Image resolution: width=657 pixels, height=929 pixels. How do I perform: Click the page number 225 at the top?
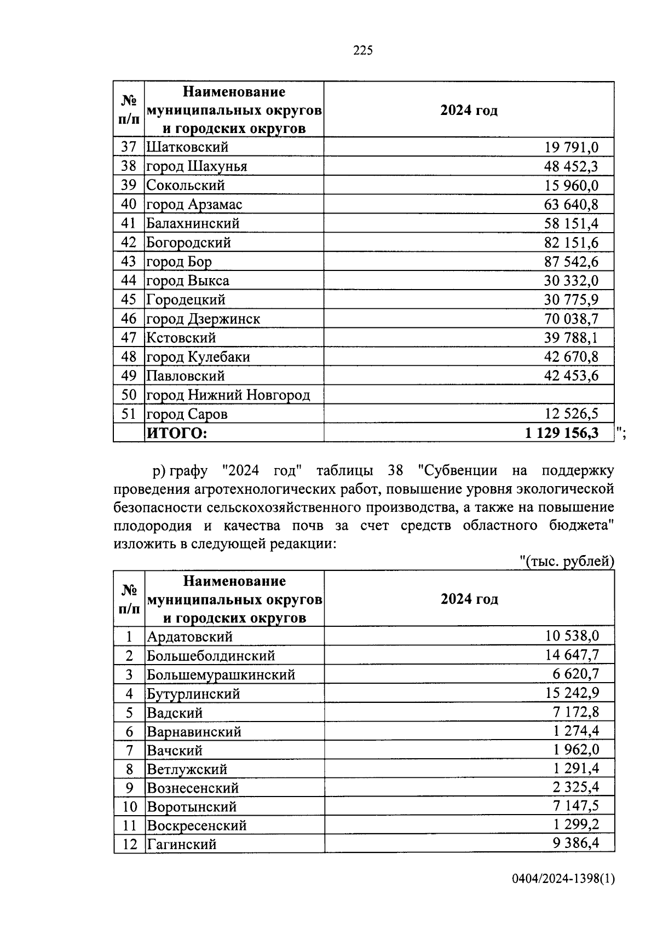click(x=363, y=51)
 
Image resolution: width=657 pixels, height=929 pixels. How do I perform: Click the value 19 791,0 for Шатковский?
click(x=571, y=147)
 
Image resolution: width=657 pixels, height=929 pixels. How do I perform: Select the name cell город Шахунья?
click(x=197, y=166)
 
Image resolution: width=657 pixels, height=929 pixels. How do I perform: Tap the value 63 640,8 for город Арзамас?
click(x=571, y=205)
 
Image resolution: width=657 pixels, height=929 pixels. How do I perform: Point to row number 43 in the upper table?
click(x=128, y=262)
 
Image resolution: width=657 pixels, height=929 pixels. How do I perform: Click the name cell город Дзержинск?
click(x=203, y=319)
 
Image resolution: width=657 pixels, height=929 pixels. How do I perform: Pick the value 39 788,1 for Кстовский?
click(x=571, y=338)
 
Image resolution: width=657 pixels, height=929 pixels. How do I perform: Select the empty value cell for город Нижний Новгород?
click(x=468, y=395)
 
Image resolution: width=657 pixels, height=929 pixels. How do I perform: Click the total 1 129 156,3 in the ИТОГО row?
click(x=561, y=433)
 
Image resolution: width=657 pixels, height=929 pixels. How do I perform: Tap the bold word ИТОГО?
click(x=177, y=434)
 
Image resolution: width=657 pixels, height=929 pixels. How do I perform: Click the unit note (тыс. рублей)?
click(x=567, y=562)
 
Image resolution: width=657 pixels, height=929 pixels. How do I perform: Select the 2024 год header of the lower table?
click(x=469, y=599)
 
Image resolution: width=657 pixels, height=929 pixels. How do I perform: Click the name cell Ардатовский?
click(x=189, y=637)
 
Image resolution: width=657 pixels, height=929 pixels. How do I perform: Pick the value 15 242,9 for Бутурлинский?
click(x=572, y=694)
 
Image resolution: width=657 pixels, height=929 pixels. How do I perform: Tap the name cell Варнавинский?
click(x=194, y=732)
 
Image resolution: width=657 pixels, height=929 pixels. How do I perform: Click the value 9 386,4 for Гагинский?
click(x=575, y=844)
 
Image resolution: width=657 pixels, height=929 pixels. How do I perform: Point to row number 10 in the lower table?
click(x=129, y=807)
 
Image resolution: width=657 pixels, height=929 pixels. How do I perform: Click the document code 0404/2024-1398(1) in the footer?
click(x=563, y=895)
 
